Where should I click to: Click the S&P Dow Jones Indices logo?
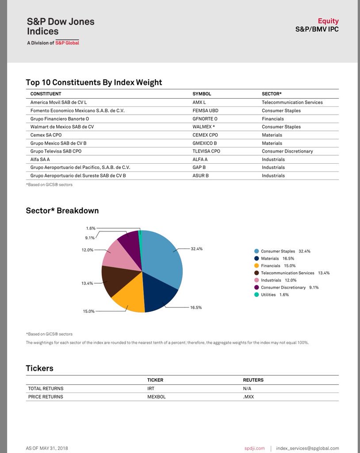(60, 31)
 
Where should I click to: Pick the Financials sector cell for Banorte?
(272, 119)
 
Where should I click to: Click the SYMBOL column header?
(202, 94)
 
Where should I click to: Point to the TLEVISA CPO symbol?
(206, 151)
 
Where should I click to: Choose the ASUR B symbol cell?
(200, 176)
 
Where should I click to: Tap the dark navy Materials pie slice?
(159, 292)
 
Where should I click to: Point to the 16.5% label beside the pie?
(196, 307)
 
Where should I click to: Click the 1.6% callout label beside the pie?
(90, 228)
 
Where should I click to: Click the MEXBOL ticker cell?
(156, 397)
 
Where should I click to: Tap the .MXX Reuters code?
(249, 397)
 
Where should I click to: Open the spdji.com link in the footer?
(254, 448)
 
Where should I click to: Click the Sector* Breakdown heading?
(62, 211)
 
